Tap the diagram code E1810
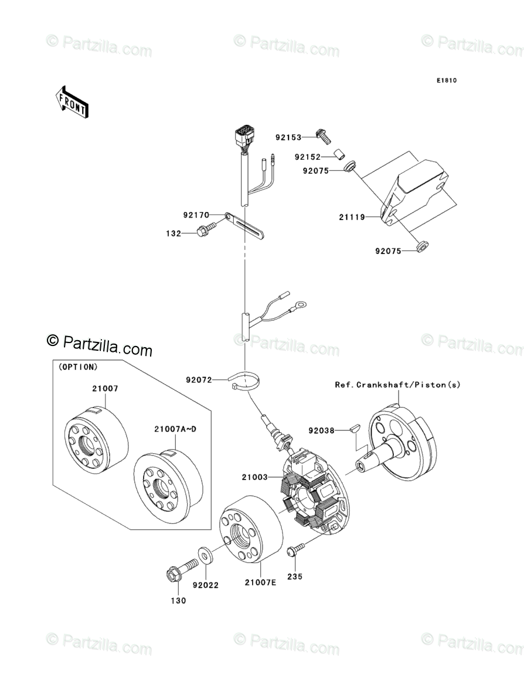(x=445, y=80)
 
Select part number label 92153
(x=288, y=138)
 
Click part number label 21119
(x=351, y=217)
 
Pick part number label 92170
(x=196, y=215)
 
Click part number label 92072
(x=199, y=380)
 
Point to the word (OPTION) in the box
(x=78, y=367)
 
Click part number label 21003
(x=254, y=477)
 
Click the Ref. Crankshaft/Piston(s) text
(x=398, y=385)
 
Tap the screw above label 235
(x=296, y=549)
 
